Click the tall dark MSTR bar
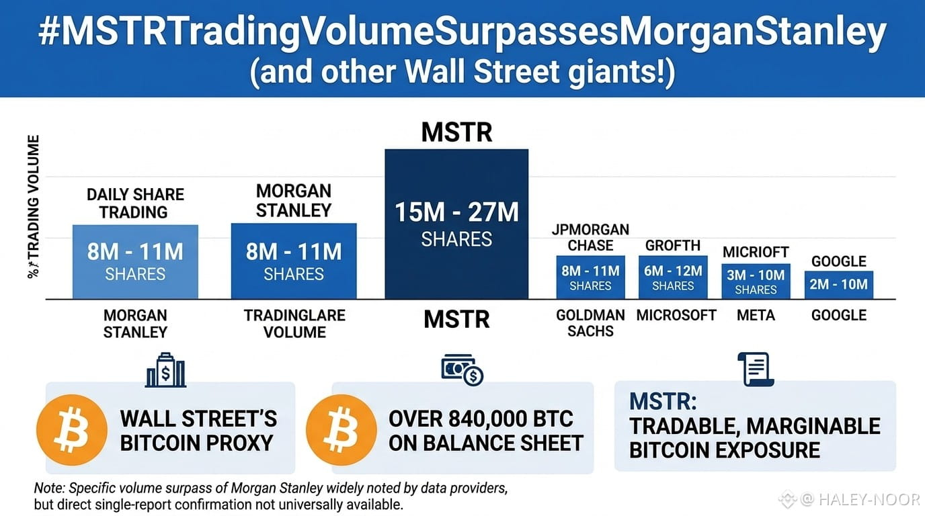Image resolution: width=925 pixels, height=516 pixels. tap(456, 224)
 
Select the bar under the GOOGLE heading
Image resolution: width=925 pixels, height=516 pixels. tap(839, 284)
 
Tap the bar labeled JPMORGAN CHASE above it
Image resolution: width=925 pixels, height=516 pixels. tap(590, 277)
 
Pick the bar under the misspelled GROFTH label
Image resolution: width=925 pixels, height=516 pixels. tap(673, 277)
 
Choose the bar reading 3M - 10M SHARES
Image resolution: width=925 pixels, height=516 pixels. tap(756, 281)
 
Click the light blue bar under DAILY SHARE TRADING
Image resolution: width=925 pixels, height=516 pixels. tap(135, 262)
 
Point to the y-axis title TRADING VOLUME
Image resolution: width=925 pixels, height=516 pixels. tap(33, 206)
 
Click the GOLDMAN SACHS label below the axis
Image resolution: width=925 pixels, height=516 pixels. tap(590, 323)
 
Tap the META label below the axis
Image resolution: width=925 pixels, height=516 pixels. tap(756, 315)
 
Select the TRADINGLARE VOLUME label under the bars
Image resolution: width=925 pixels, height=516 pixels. tap(294, 324)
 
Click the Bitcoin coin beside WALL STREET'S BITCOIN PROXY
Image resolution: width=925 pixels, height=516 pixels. tap(72, 430)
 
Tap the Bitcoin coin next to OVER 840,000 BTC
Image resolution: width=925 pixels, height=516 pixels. tap(341, 430)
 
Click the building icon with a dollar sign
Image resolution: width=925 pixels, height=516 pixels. tap(165, 370)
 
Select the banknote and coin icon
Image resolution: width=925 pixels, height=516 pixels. tap(462, 370)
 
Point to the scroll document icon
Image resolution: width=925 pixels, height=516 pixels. tap(756, 369)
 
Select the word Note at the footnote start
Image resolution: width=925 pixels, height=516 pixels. tap(50, 488)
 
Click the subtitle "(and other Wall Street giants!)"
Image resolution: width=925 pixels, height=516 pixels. tap(462, 73)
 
